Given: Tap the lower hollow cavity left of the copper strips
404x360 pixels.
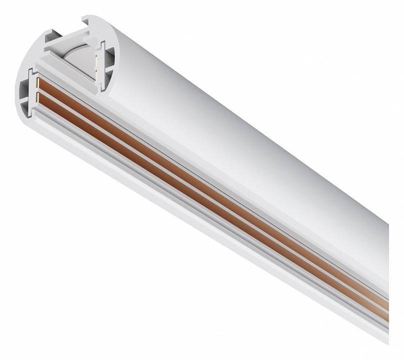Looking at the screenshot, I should click(x=26, y=99).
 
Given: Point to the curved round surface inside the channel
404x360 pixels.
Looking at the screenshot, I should click(x=75, y=52).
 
